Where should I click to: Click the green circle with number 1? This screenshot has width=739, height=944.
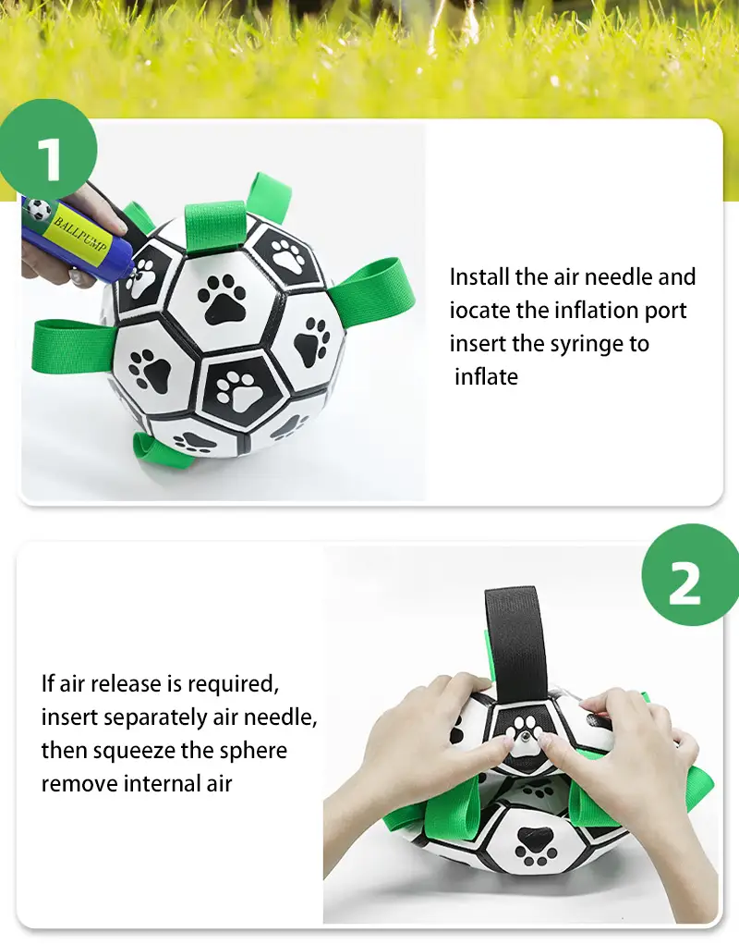47,149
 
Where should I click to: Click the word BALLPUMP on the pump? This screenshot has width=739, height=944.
81,234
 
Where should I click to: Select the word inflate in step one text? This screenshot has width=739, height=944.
487,377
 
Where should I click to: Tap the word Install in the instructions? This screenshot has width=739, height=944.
479,277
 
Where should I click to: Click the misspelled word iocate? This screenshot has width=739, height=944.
480,311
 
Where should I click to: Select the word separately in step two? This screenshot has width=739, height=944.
155,718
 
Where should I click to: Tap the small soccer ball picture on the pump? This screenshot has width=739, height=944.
38,210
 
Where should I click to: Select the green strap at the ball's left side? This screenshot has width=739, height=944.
72,346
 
